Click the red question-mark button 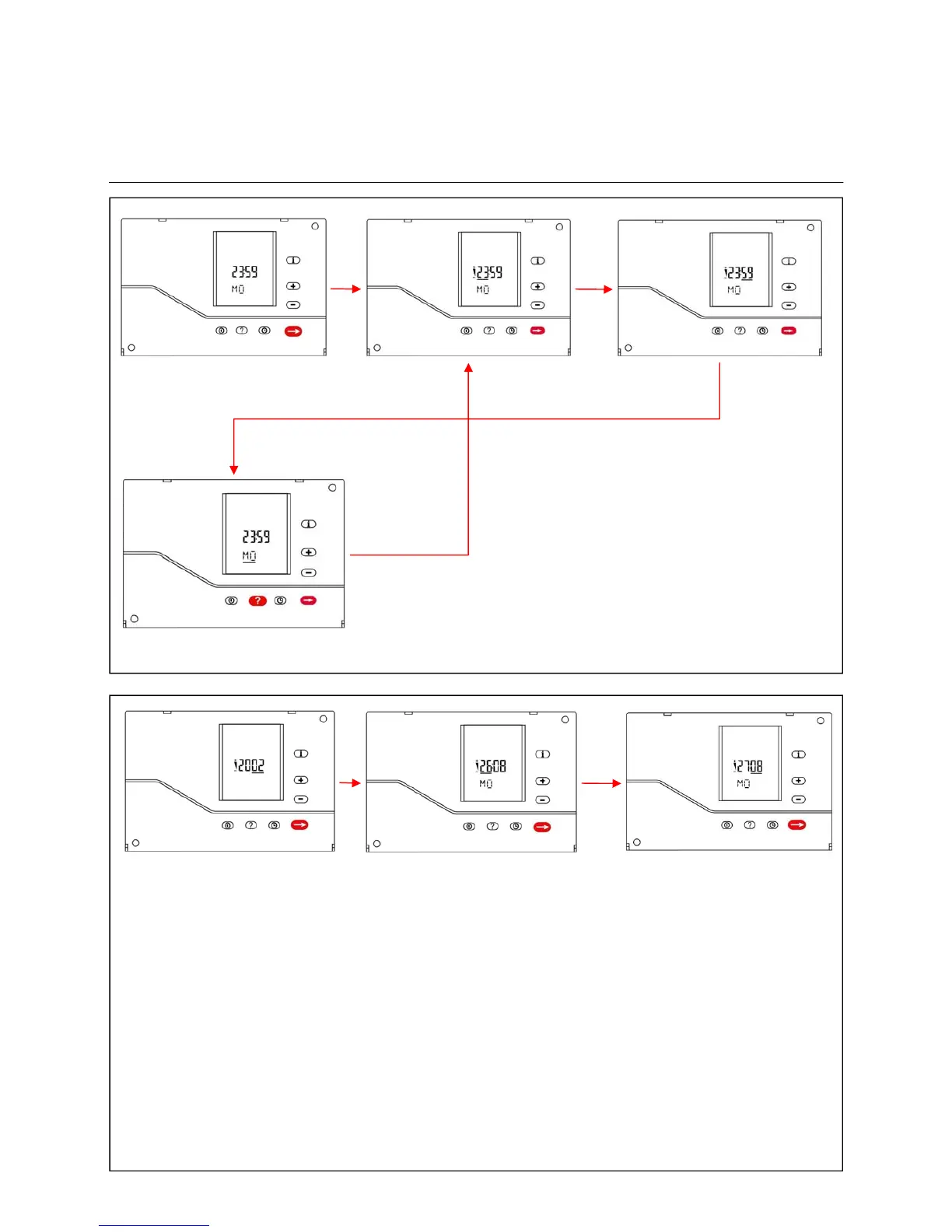(257, 600)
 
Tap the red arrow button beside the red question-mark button (308, 600)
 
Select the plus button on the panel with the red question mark (309, 552)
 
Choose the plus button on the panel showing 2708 (798, 780)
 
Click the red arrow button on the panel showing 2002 (299, 824)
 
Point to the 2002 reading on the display (249, 765)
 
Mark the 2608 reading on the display (491, 766)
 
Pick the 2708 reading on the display (747, 766)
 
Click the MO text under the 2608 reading (485, 783)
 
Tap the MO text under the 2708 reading (744, 783)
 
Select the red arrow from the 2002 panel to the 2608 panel (350, 782)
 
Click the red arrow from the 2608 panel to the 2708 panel (601, 783)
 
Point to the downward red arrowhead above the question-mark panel (234, 469)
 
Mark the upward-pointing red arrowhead (468, 368)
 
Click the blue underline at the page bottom (154, 1225)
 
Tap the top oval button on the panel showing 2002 (301, 754)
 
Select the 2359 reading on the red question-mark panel (256, 537)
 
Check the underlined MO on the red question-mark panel (249, 556)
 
